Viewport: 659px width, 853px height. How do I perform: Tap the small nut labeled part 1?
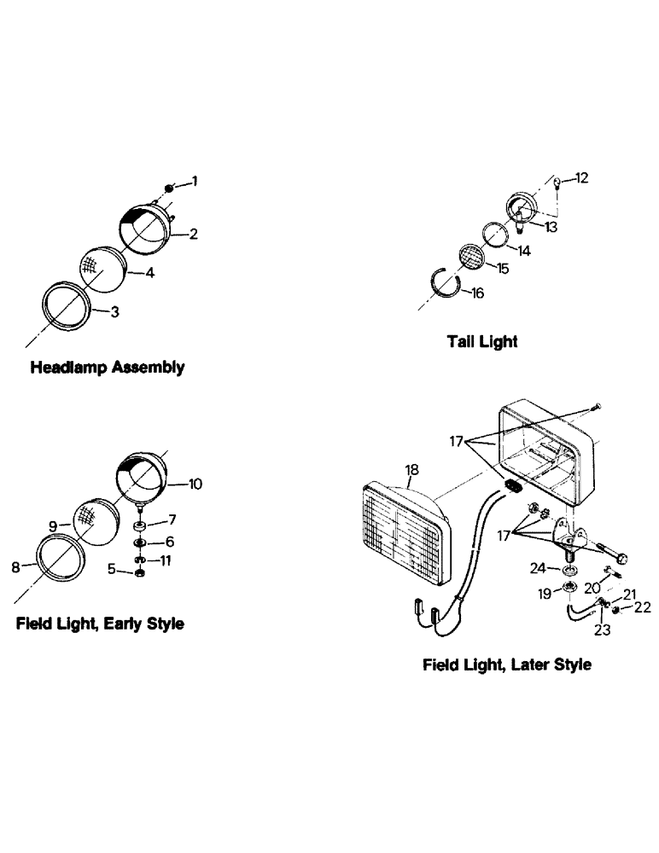tap(170, 189)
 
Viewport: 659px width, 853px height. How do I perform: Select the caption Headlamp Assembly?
tap(107, 368)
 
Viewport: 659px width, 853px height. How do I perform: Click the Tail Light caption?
tap(482, 341)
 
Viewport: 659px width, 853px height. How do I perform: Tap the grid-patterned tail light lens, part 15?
tap(471, 258)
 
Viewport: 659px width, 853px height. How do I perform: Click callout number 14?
tap(522, 251)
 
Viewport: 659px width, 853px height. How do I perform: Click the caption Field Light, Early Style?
tap(100, 624)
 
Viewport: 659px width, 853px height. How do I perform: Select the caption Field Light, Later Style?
tap(506, 664)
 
